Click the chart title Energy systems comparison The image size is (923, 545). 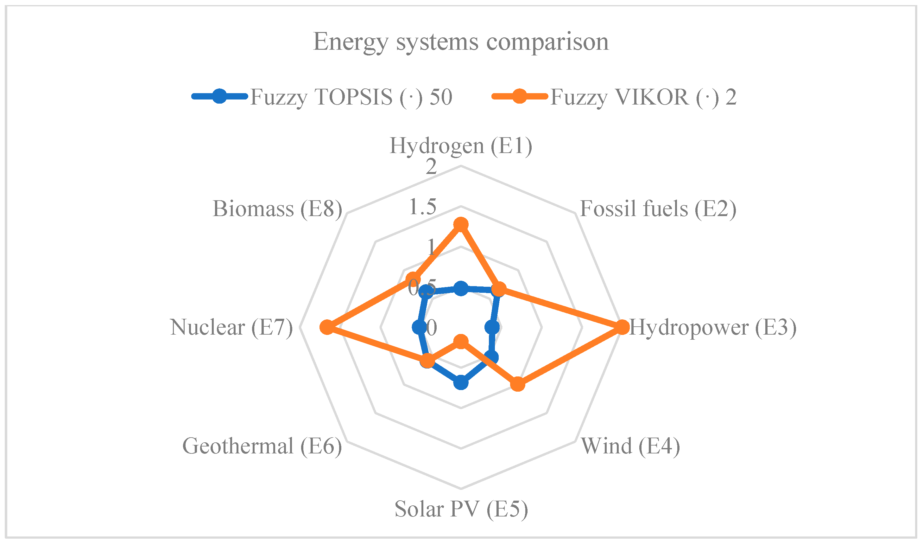[461, 42]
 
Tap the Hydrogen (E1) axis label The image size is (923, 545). [461, 146]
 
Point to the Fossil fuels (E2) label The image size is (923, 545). [658, 209]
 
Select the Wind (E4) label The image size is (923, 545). [630, 446]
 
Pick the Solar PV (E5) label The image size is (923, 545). [461, 510]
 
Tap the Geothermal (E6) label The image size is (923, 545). [262, 446]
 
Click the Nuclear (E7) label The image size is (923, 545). [231, 328]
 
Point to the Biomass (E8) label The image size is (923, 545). [277, 209]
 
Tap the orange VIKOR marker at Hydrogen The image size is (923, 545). [461, 224]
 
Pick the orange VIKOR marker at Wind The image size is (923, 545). [518, 384]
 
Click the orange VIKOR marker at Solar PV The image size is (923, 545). [461, 342]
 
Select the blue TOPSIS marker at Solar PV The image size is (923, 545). [461, 383]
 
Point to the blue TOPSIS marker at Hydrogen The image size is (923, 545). [461, 289]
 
